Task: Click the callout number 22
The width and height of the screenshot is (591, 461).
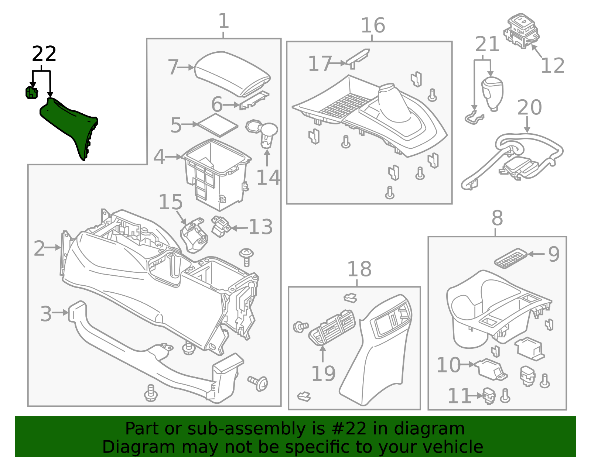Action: (x=44, y=54)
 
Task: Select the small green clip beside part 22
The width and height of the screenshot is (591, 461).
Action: (x=31, y=93)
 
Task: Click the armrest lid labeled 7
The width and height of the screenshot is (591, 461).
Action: (x=232, y=72)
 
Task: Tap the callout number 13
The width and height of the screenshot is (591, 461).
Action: (x=260, y=227)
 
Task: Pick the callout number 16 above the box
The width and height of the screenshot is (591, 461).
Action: (x=373, y=25)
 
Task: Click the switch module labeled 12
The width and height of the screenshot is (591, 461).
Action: (x=522, y=30)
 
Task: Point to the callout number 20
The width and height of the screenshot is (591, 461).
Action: (x=529, y=108)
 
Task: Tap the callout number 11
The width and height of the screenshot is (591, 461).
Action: (x=459, y=396)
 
